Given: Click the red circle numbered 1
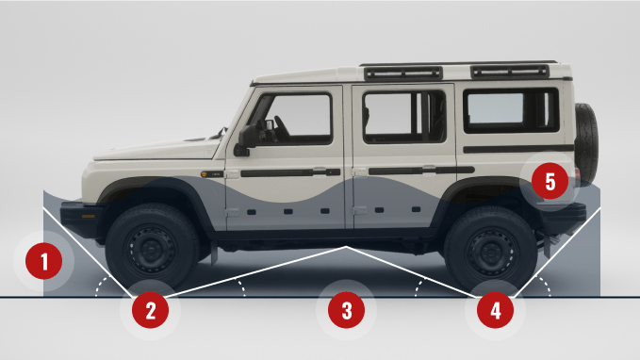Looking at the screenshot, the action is click(43, 261).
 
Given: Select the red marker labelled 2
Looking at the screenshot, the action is click(150, 310).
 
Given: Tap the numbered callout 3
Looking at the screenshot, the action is click(346, 310).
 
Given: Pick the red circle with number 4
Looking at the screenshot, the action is click(495, 310).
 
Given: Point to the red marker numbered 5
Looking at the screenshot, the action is click(550, 181).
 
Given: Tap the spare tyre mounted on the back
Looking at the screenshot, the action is click(586, 143).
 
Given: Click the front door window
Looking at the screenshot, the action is click(296, 119).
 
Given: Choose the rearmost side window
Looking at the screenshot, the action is click(511, 110).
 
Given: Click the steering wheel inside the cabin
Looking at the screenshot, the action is click(282, 127).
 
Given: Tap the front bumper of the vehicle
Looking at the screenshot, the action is click(79, 220).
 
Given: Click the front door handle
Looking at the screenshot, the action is click(320, 172).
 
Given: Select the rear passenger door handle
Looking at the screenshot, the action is click(429, 170).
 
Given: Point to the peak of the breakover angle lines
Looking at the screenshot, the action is click(346, 247).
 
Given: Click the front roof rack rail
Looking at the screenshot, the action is click(403, 74).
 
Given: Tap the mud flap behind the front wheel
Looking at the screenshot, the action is click(214, 253).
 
